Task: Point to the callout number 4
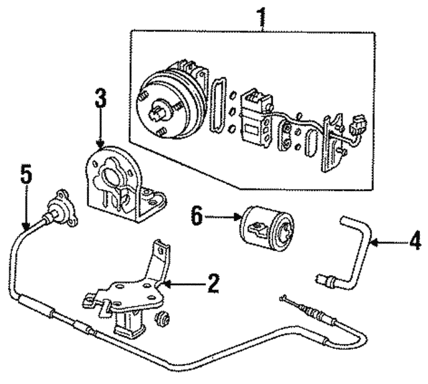coord(415,238)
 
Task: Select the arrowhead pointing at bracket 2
coord(167,284)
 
